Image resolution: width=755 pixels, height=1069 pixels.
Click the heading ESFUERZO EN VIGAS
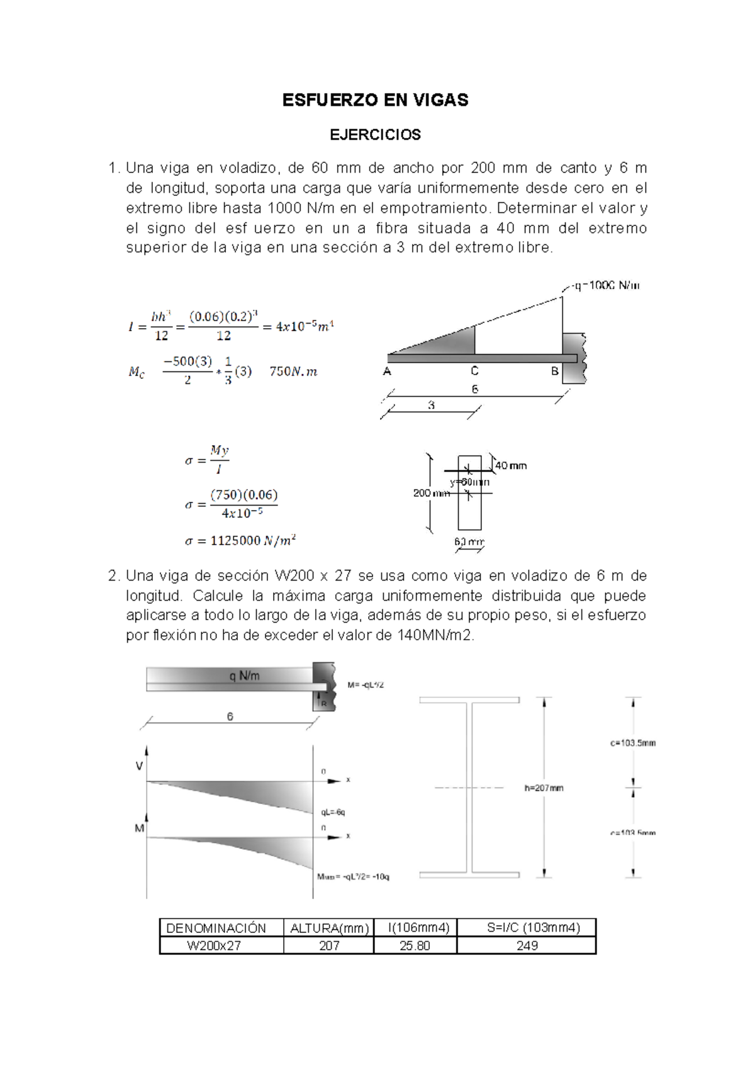pos(375,100)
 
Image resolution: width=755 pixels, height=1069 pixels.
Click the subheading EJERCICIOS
pos(375,135)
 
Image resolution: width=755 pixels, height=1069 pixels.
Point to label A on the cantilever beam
pos(387,371)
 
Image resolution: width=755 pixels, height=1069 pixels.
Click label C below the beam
pos(474,371)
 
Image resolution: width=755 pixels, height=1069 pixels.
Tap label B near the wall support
pos(554,371)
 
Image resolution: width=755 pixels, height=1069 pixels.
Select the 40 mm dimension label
pos(511,466)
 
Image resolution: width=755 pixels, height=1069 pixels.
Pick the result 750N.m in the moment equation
pos(293,371)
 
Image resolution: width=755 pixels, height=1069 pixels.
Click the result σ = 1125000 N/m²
pos(240,541)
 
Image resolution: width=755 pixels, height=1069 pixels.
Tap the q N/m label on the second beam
pos(244,676)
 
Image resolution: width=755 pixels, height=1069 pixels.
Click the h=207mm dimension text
pos(544,788)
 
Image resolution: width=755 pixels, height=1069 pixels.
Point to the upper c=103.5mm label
pos(632,743)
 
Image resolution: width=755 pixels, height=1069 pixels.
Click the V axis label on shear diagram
pos(140,766)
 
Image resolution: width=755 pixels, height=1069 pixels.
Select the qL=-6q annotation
pos(333,812)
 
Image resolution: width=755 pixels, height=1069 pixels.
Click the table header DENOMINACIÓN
pos(216,927)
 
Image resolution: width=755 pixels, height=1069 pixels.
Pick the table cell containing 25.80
pos(415,946)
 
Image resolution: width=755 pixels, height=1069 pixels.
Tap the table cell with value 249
pos(526,946)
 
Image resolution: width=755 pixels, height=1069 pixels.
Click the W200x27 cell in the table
pos(214,946)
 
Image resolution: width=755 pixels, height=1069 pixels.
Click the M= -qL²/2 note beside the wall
pos(366,685)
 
